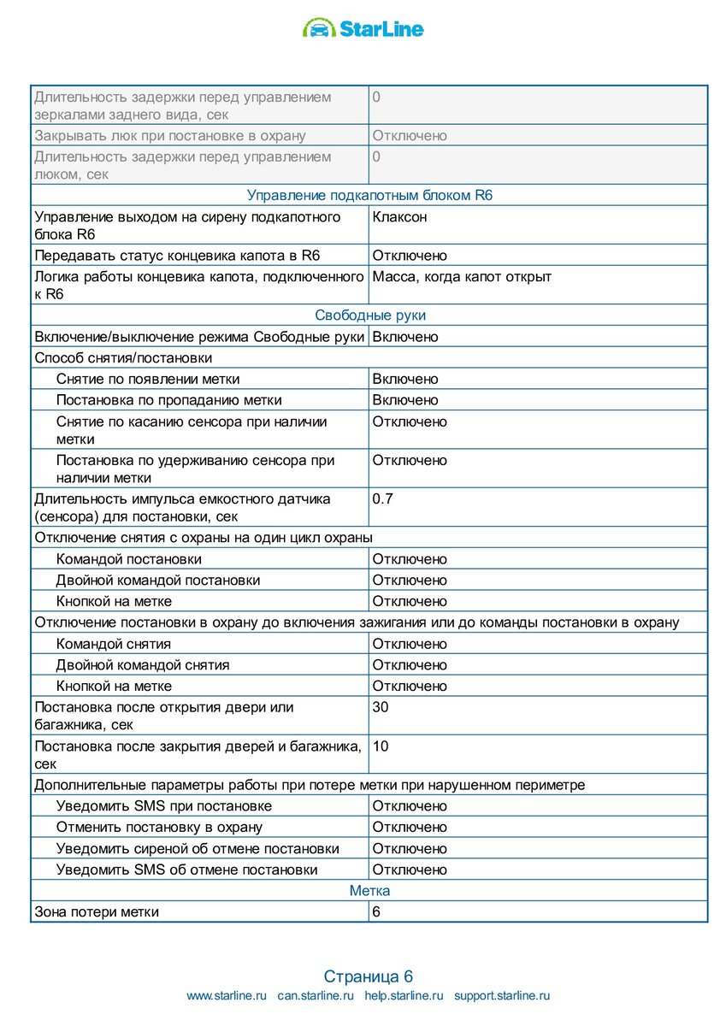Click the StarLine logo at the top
tap(363, 29)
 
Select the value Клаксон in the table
tap(399, 217)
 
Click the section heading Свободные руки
tap(369, 315)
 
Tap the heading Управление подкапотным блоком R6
tap(369, 196)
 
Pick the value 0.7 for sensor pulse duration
tap(382, 498)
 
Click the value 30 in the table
tap(381, 708)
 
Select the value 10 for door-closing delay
tap(381, 746)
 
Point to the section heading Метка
tap(369, 891)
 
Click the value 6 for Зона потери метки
tap(376, 912)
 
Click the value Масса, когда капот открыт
tap(462, 277)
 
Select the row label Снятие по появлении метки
tap(147, 380)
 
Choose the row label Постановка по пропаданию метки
tap(168, 400)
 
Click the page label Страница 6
tap(369, 976)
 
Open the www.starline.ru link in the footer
tap(227, 996)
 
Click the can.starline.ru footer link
tap(316, 996)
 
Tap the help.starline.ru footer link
tap(404, 996)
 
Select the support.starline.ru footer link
tap(502, 996)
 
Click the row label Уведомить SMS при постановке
tap(163, 806)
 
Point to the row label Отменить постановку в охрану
tap(159, 828)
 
